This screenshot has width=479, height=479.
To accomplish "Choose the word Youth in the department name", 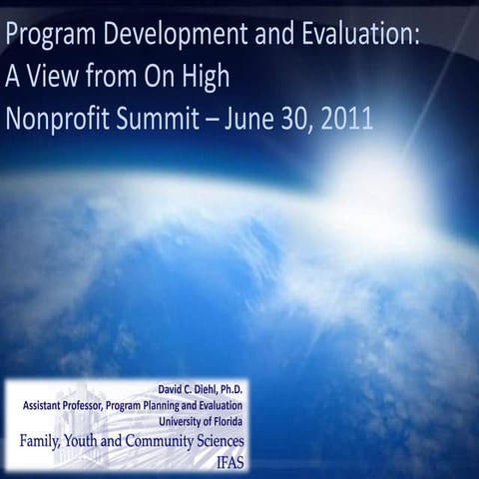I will (x=118, y=440).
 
